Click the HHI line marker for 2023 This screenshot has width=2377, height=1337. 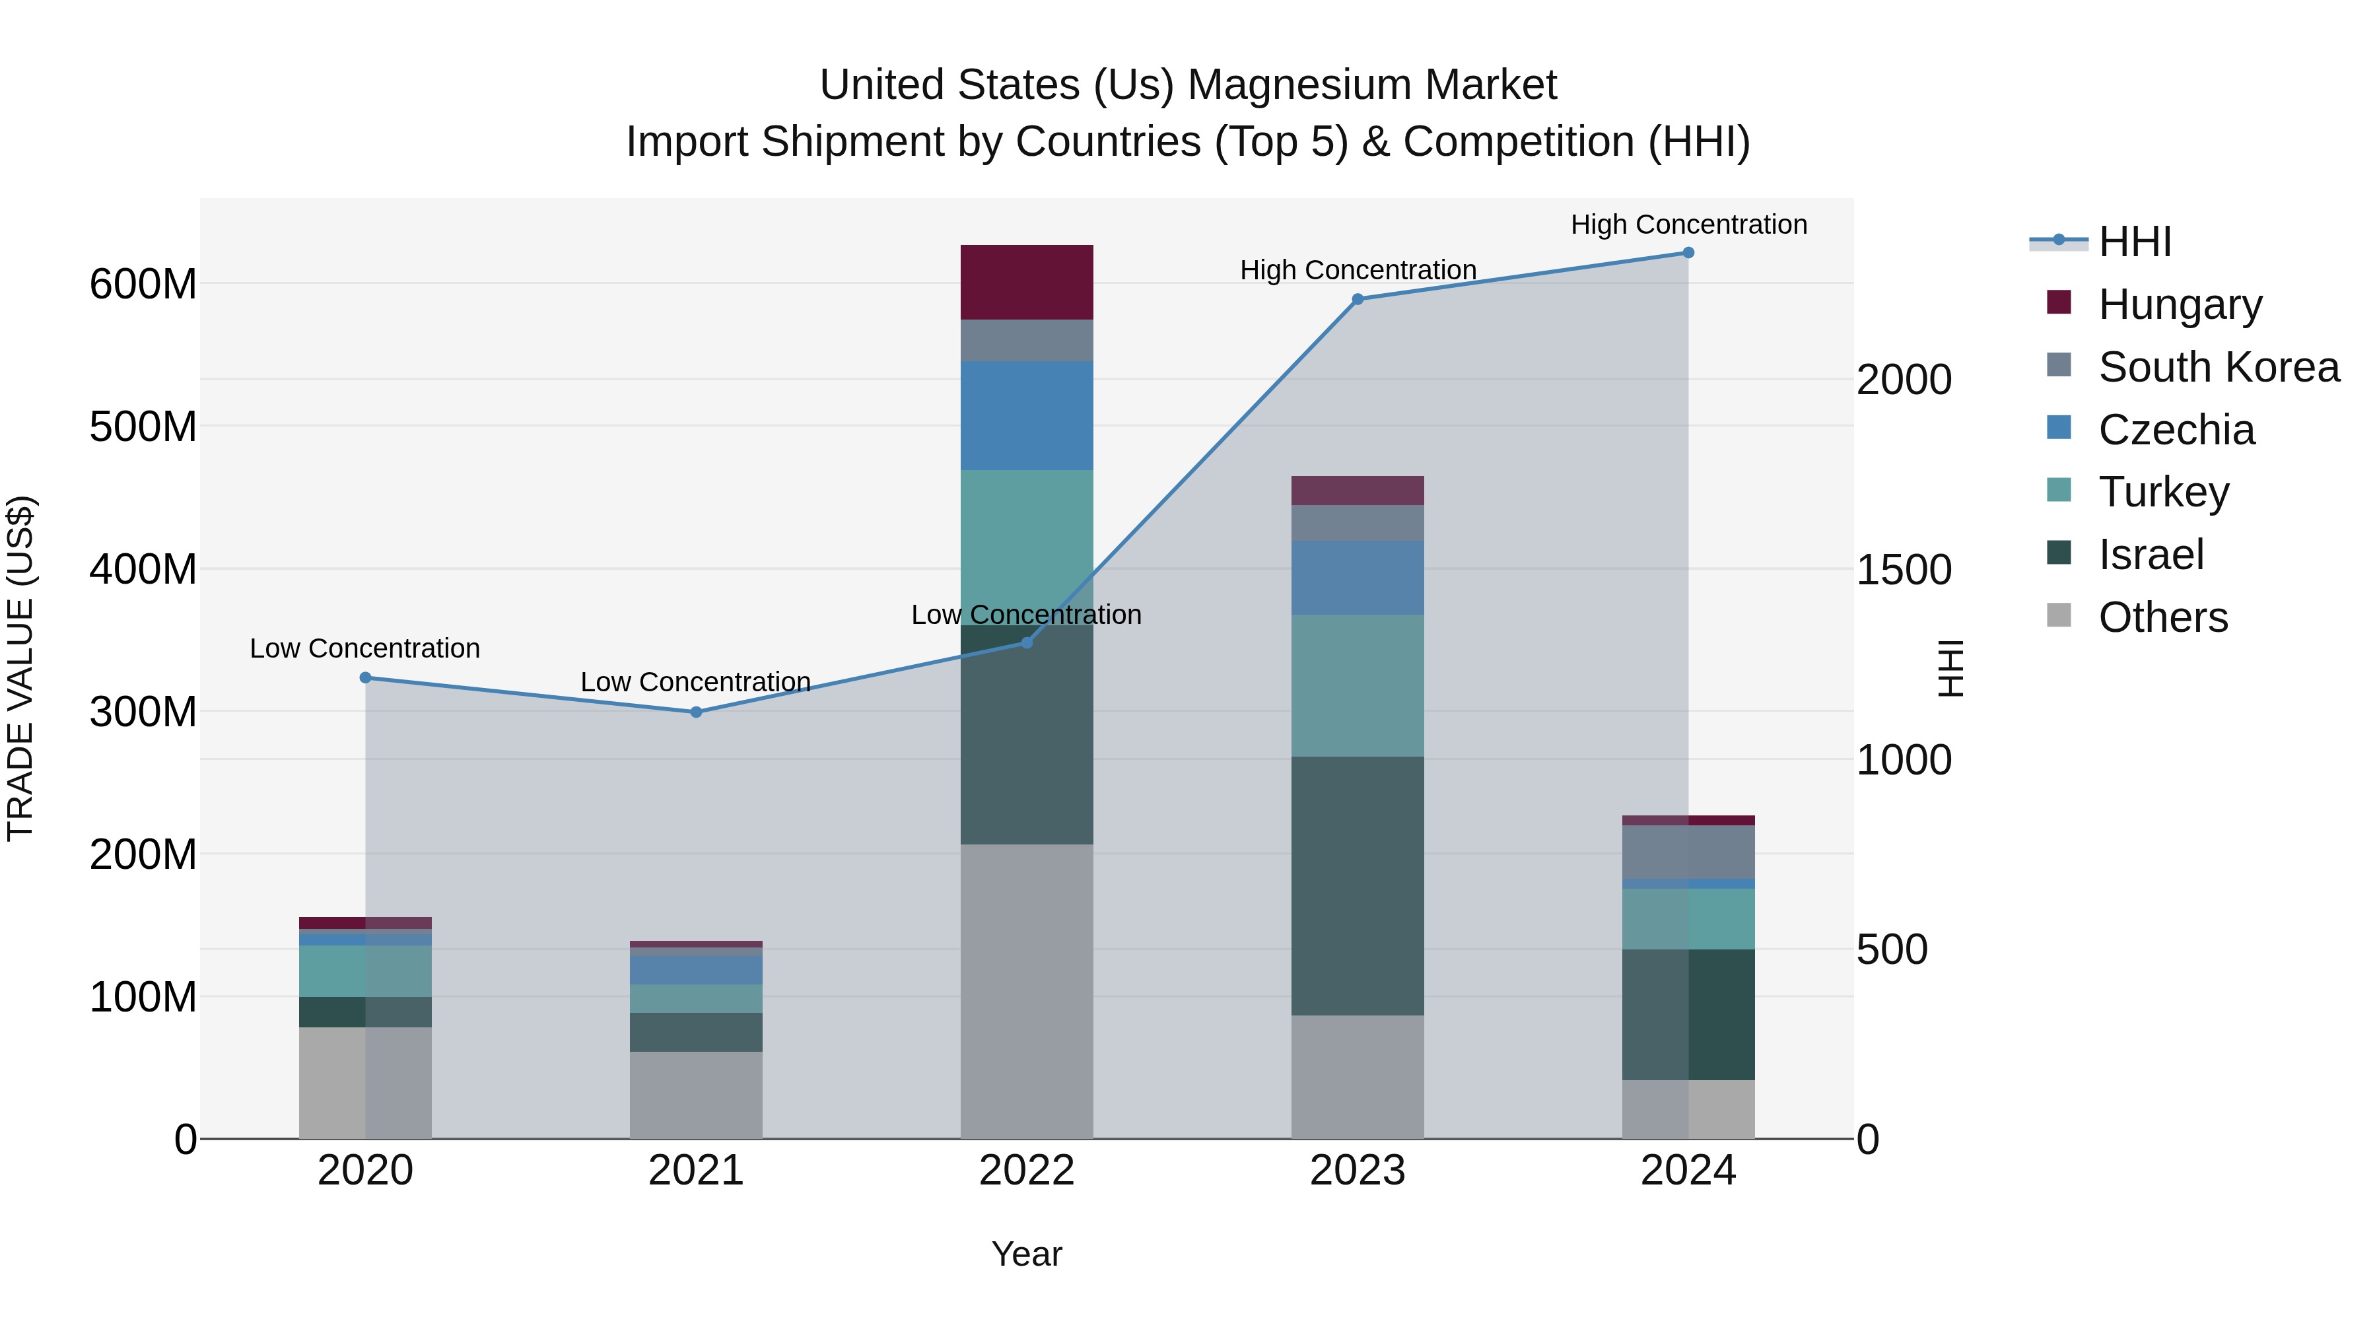point(1358,299)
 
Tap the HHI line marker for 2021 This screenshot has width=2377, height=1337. point(696,711)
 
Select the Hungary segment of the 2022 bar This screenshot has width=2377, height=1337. point(1026,283)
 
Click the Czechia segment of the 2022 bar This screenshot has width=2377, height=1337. point(1026,415)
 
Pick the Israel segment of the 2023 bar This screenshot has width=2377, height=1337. point(1358,886)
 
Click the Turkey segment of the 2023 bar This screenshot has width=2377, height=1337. point(1358,685)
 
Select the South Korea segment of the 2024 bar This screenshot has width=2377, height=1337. point(1688,852)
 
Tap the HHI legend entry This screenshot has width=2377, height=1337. point(2134,242)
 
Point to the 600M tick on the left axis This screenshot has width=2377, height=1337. point(143,283)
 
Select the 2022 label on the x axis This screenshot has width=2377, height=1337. point(1026,1171)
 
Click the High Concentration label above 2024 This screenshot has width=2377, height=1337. point(1688,224)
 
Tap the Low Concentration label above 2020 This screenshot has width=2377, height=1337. point(364,648)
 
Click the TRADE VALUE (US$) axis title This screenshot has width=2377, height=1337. point(20,668)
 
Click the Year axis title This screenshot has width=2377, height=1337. point(1026,1254)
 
